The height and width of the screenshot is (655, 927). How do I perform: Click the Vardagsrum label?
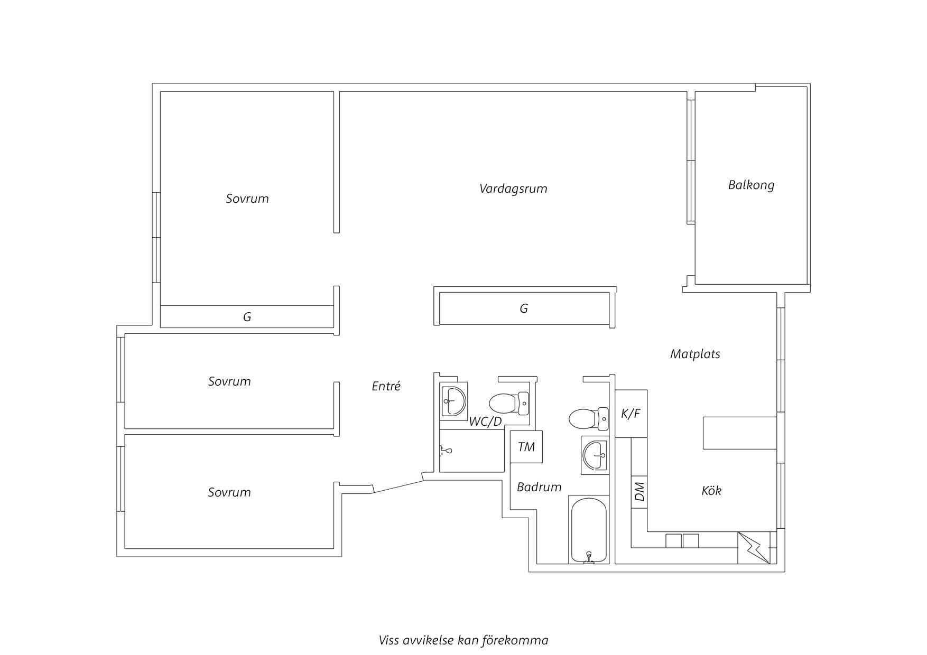[513, 189]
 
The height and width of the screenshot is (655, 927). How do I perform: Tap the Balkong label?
[751, 185]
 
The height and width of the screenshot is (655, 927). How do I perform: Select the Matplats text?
[695, 354]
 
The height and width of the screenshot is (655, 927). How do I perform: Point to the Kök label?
[711, 491]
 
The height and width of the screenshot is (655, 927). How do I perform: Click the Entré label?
[386, 386]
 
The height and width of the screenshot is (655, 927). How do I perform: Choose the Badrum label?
[539, 487]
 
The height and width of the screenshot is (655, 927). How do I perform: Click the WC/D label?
[486, 422]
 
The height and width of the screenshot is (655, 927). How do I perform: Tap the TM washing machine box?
[526, 447]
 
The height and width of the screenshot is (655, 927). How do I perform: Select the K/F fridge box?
[631, 414]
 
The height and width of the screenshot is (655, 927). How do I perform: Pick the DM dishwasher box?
[639, 492]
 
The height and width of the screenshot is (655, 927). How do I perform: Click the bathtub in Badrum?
[588, 529]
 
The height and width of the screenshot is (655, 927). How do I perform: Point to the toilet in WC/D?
[509, 404]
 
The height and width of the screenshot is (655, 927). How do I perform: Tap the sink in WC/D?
[454, 401]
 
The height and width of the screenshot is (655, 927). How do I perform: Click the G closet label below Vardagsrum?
[524, 308]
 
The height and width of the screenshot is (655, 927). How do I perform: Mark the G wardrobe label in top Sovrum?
[247, 317]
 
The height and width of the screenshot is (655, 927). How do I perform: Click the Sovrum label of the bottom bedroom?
[229, 492]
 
